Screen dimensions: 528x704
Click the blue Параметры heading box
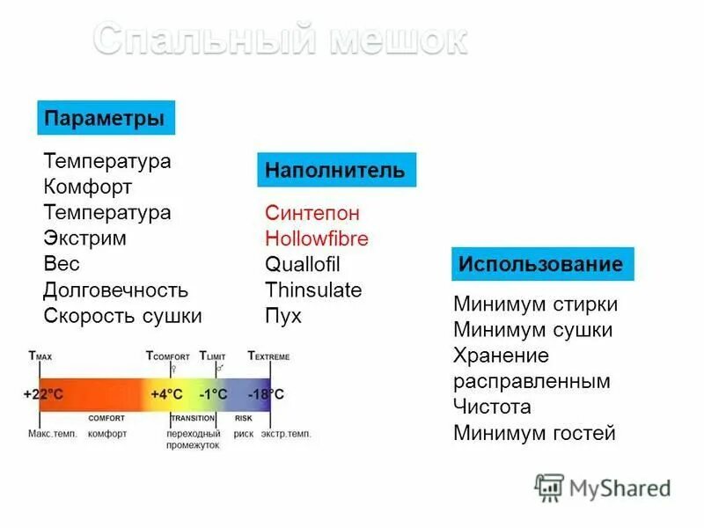(x=106, y=118)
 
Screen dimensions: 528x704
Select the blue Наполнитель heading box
(x=336, y=170)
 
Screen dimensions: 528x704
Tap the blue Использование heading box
(x=542, y=264)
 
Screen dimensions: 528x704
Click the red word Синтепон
(x=312, y=213)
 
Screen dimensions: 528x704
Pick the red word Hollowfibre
(x=317, y=238)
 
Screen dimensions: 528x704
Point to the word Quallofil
(x=302, y=265)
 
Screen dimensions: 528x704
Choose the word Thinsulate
(x=313, y=290)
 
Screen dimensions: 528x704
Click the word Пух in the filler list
(x=282, y=316)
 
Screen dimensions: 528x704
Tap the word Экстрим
(x=84, y=238)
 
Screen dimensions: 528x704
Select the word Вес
(x=62, y=264)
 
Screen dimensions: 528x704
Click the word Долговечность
(x=115, y=290)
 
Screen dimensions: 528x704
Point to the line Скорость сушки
(x=122, y=315)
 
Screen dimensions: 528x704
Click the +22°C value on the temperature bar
(x=44, y=393)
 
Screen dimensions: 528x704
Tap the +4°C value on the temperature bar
(x=165, y=393)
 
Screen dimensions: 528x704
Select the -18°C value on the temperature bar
(x=265, y=393)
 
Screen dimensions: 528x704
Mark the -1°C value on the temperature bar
(x=213, y=393)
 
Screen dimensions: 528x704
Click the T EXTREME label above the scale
(x=268, y=356)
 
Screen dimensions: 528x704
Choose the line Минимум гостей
(x=534, y=433)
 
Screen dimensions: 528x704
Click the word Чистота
(x=492, y=407)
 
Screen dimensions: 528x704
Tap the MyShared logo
(x=604, y=488)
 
